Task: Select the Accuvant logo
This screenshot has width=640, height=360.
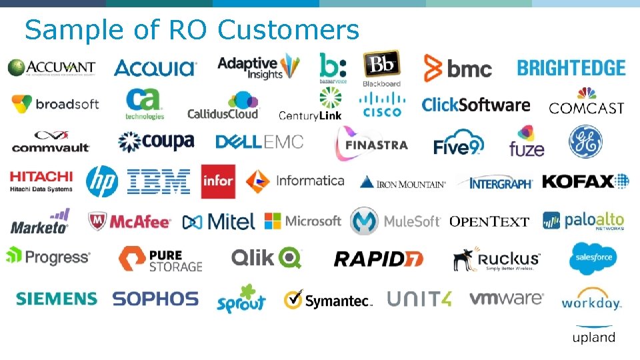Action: click(51, 68)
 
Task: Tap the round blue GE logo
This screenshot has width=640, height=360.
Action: click(585, 143)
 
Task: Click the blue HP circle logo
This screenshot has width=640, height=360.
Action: click(102, 181)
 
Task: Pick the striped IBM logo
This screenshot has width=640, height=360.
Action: click(159, 181)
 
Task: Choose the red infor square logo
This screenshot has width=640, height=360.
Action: click(218, 181)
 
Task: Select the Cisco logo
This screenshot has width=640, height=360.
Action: click(381, 104)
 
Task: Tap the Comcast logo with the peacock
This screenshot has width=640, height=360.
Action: click(587, 101)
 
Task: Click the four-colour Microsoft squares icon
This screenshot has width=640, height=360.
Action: click(273, 221)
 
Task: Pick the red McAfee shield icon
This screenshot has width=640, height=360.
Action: click(98, 221)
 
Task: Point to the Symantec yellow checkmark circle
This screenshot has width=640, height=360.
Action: click(293, 300)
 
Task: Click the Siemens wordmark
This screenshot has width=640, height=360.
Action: click(57, 299)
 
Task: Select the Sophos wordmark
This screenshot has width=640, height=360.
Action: click(155, 299)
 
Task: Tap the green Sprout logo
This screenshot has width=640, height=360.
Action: click(241, 299)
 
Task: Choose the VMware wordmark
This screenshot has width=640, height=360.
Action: click(506, 298)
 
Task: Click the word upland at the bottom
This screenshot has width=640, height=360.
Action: click(593, 337)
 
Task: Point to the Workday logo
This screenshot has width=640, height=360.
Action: click(591, 299)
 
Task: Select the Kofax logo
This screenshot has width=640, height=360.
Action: click(585, 181)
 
